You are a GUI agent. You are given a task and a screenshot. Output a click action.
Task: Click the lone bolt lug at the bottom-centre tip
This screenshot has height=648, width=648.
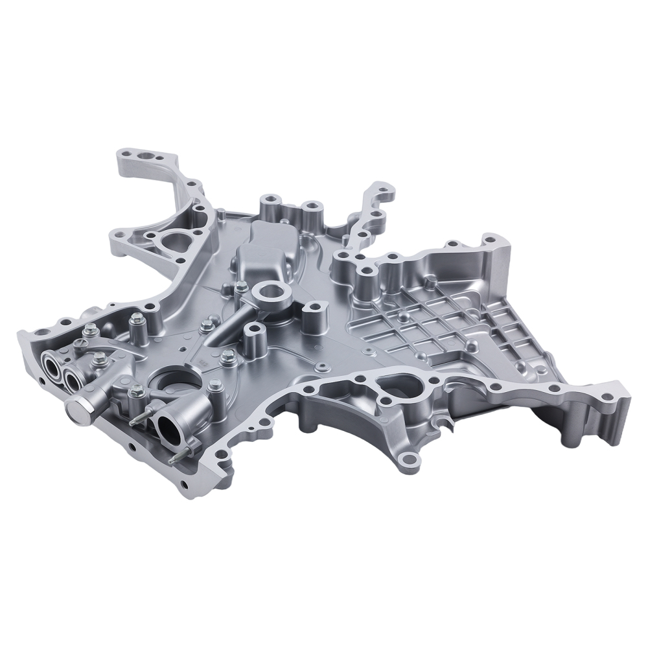[x=406, y=459]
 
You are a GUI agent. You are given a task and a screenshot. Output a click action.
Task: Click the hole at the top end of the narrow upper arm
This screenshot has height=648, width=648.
[x=373, y=192]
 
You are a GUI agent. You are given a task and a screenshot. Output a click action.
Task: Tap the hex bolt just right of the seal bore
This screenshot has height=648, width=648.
[x=227, y=356]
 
